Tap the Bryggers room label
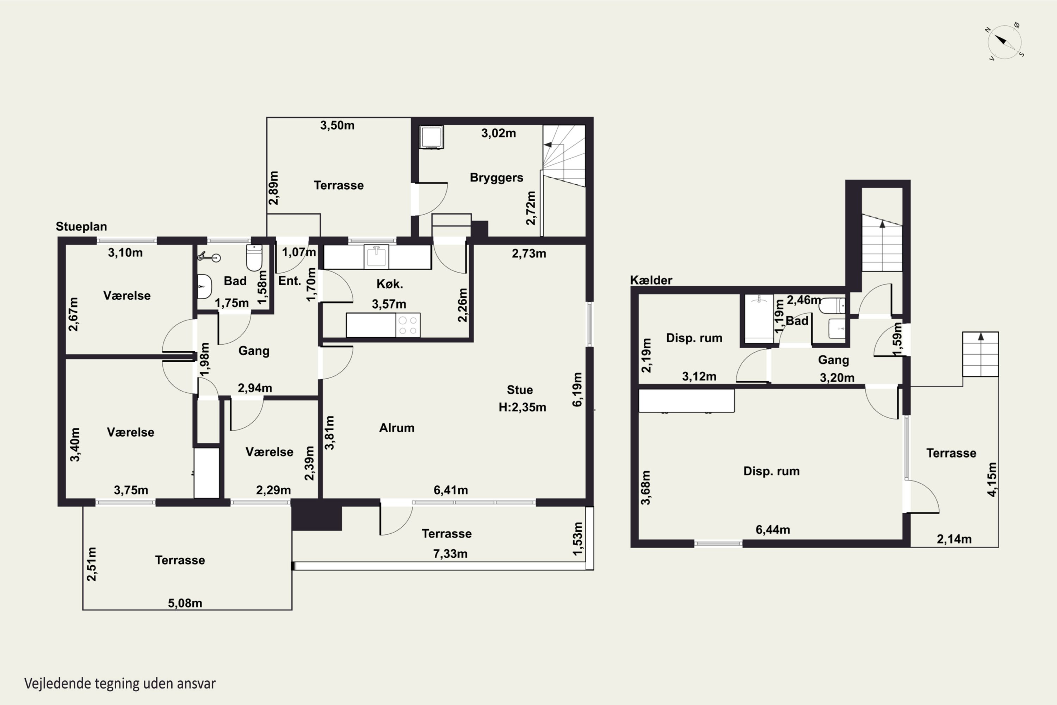pyautogui.click(x=496, y=178)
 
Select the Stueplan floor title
pyautogui.click(x=81, y=226)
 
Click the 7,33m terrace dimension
pyautogui.click(x=450, y=553)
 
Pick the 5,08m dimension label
pyautogui.click(x=185, y=603)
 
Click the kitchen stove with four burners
pyautogui.click(x=408, y=325)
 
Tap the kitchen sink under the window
pyautogui.click(x=376, y=256)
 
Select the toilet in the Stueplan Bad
pyautogui.click(x=254, y=258)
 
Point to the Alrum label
pyautogui.click(x=397, y=428)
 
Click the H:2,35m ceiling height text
pyautogui.click(x=522, y=407)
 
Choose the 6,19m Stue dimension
pyautogui.click(x=577, y=390)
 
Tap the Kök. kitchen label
pyautogui.click(x=390, y=284)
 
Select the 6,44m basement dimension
pyautogui.click(x=773, y=530)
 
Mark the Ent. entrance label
pyautogui.click(x=289, y=281)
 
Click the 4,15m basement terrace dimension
pyautogui.click(x=992, y=479)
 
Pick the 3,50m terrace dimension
pyautogui.click(x=337, y=125)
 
